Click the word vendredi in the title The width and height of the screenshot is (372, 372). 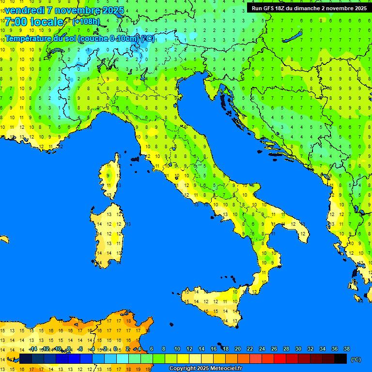(x=23, y=10)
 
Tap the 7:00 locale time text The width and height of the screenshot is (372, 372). (x=34, y=22)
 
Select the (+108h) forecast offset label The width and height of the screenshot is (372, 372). (x=86, y=22)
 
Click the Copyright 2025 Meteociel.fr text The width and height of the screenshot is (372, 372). (x=205, y=369)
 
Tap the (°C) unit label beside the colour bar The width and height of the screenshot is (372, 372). (x=356, y=359)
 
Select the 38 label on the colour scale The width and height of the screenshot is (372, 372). (x=346, y=349)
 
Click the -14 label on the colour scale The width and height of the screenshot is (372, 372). (x=33, y=349)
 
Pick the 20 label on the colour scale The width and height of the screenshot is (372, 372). (x=238, y=349)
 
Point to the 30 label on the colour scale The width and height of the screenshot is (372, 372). (x=298, y=349)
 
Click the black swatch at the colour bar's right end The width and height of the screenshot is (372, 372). (x=341, y=359)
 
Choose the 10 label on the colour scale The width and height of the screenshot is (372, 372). (x=177, y=349)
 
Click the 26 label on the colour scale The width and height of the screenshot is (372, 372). (x=274, y=349)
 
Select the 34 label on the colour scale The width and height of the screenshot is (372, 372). (x=322, y=349)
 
